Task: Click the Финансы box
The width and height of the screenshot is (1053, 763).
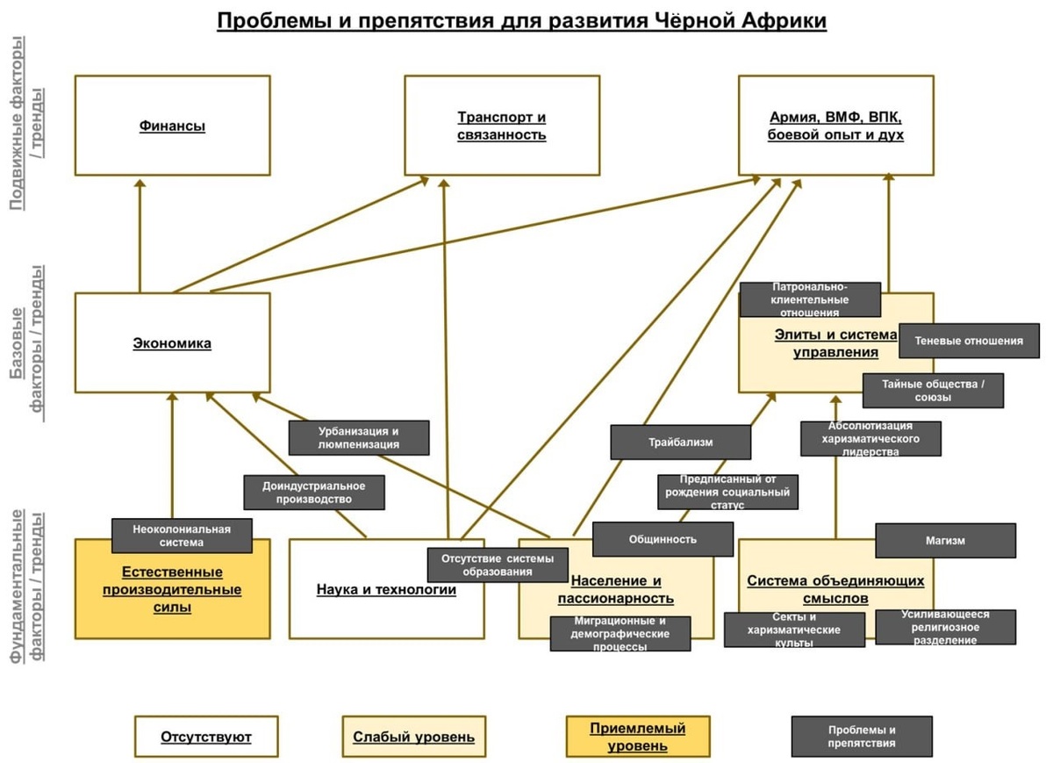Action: [x=172, y=126]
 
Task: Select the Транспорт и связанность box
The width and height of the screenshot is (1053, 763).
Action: [x=502, y=126]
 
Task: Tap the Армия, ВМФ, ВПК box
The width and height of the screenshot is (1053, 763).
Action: [x=835, y=126]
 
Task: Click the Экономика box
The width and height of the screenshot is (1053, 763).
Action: [x=172, y=343]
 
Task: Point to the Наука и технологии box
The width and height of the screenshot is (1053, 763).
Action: [x=386, y=589]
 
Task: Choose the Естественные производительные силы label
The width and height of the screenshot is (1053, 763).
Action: [x=172, y=589]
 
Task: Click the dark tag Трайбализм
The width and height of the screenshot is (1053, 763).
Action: [x=681, y=443]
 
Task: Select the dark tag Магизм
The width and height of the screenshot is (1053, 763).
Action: [x=945, y=541]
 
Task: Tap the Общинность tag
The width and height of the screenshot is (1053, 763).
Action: [x=663, y=539]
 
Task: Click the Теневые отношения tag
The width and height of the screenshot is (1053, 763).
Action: [x=969, y=341]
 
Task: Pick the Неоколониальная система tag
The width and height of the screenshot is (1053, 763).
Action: [x=182, y=536]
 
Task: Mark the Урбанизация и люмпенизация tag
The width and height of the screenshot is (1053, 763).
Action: [x=358, y=437]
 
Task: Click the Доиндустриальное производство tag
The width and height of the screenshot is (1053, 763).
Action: [x=314, y=493]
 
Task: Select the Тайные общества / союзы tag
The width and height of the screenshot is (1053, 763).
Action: [x=932, y=391]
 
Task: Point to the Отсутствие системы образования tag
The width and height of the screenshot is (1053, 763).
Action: [x=498, y=565]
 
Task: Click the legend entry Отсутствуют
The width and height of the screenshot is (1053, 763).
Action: [x=206, y=737]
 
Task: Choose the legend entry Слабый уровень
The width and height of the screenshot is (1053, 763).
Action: [x=413, y=737]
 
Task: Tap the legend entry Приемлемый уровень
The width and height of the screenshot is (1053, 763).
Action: [x=638, y=737]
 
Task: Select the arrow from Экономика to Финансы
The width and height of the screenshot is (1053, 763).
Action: [x=140, y=237]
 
